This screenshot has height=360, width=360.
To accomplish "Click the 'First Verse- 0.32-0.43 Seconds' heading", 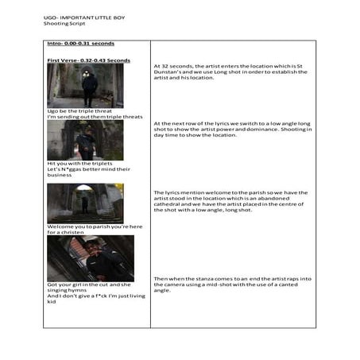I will coord(88,60).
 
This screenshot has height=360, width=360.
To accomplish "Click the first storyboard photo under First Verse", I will coord(85,85).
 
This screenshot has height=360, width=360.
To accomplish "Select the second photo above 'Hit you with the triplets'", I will coord(85,140).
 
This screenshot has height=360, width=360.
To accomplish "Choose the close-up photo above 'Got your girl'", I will coord(90,257).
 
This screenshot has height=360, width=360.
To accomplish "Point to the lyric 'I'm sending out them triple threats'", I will coord(95,117).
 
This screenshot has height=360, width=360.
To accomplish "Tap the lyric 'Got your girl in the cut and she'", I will coord(90,285).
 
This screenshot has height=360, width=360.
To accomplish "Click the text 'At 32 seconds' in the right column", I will coord(173,66).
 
